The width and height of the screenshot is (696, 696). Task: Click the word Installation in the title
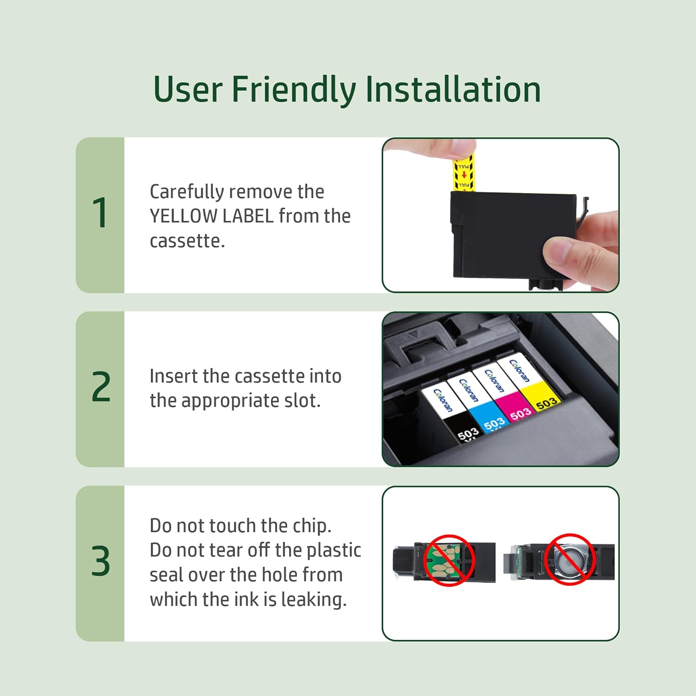453,89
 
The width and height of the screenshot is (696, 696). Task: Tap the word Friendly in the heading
294,90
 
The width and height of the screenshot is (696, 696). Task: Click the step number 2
101,387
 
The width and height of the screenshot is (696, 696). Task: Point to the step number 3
101,561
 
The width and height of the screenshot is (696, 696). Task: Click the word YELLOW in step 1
183,216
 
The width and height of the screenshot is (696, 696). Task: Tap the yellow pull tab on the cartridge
463,172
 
